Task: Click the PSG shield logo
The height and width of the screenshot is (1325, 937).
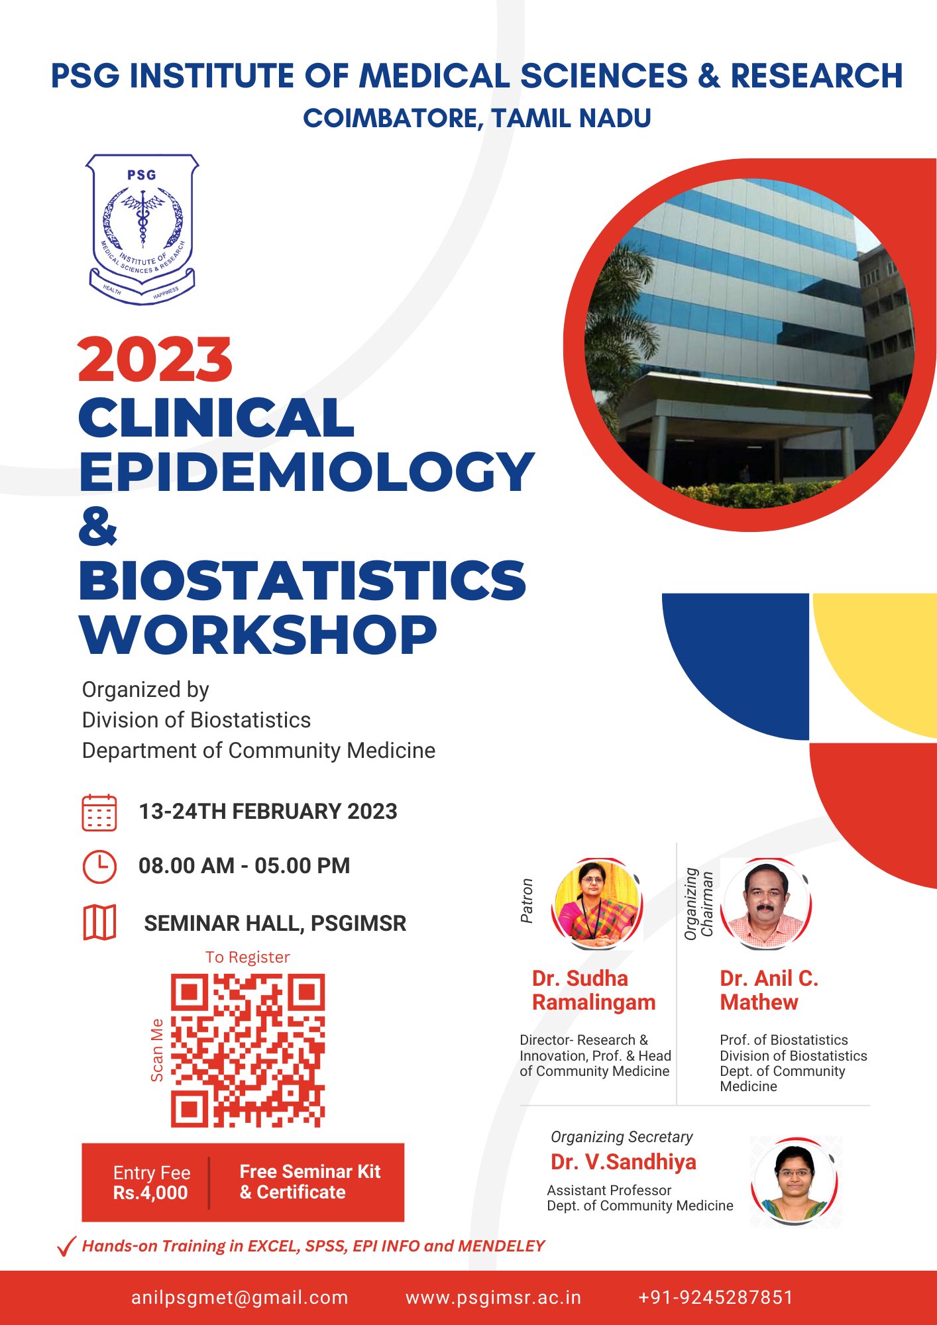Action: tap(142, 229)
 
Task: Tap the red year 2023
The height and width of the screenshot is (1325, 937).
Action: tap(155, 360)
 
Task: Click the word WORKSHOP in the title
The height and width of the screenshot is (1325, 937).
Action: tap(258, 634)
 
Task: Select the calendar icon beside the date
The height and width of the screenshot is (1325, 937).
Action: tap(99, 812)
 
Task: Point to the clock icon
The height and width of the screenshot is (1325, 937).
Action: tap(99, 866)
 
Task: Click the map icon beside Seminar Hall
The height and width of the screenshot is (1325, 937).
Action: tap(99, 922)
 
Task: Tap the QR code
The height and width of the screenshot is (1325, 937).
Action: tap(248, 1050)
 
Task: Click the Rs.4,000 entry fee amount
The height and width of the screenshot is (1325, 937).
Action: tap(150, 1192)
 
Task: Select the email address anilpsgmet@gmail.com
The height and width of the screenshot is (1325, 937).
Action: tap(240, 1297)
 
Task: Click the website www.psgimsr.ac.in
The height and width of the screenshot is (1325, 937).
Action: tap(493, 1297)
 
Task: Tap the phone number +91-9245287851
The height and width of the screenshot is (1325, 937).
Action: tap(716, 1297)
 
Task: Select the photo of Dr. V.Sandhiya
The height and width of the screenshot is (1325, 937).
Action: tap(795, 1181)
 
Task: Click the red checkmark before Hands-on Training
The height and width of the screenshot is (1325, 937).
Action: tap(67, 1246)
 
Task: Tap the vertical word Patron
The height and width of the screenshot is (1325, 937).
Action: tap(527, 901)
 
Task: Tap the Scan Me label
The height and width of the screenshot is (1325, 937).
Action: tap(157, 1050)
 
